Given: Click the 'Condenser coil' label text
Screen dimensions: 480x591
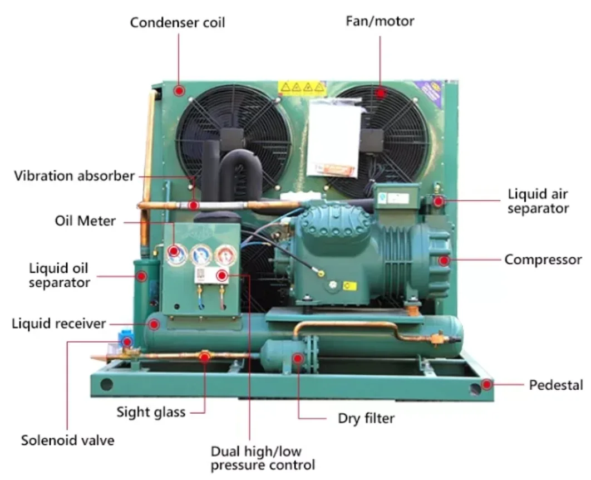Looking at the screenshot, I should (x=178, y=23).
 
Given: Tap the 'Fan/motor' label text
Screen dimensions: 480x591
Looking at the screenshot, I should (x=380, y=21).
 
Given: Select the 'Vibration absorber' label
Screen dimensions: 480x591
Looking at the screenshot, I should (x=74, y=176).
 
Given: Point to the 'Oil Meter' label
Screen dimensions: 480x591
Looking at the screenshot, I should (x=85, y=221).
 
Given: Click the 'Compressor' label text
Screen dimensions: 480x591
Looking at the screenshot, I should (x=543, y=259).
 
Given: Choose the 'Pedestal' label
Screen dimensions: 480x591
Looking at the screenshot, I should (x=555, y=385).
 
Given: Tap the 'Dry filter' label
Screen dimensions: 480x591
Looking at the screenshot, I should (x=366, y=418).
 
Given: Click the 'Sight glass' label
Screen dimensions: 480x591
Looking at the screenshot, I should (x=151, y=413).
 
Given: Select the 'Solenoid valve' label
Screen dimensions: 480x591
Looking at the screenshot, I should (x=68, y=440).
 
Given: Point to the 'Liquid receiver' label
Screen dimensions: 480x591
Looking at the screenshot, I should (x=58, y=323).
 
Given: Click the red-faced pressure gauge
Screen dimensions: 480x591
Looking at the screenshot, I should (x=225, y=254).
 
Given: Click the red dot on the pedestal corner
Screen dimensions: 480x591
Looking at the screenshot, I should (x=487, y=384).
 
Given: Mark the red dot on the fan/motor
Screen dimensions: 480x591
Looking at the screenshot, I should (x=381, y=92).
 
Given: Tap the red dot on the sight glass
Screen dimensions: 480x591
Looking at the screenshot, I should (x=204, y=355).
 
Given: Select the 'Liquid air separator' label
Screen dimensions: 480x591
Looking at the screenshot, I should (x=538, y=201).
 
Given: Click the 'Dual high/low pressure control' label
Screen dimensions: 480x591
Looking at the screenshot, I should (x=263, y=458).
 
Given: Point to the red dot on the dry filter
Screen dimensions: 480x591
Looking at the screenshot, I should (x=298, y=358).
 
